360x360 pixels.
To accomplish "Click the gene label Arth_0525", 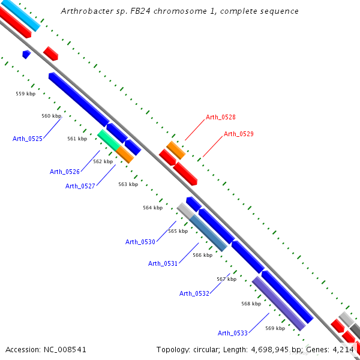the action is [x=28, y=139].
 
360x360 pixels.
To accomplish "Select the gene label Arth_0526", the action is [x=65, y=172].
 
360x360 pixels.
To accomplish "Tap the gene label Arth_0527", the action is [x=80, y=186].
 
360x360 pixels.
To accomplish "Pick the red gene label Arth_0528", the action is [x=221, y=117].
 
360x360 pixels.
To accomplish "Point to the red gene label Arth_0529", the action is [x=239, y=134].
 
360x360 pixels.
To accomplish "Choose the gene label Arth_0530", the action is [x=140, y=242].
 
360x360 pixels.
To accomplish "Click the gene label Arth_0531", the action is [x=163, y=263].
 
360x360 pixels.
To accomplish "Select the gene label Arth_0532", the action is [x=194, y=293].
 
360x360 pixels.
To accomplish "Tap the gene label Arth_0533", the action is [x=233, y=333].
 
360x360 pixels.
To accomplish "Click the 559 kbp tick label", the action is [x=25, y=94].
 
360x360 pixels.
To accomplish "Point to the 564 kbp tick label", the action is [x=152, y=208].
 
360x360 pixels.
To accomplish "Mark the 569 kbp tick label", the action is [x=275, y=328].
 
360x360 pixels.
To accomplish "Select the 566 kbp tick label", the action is [x=202, y=255].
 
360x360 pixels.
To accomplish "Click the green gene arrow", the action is [x=109, y=139].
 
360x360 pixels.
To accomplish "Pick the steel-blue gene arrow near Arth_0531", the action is [x=209, y=233].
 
